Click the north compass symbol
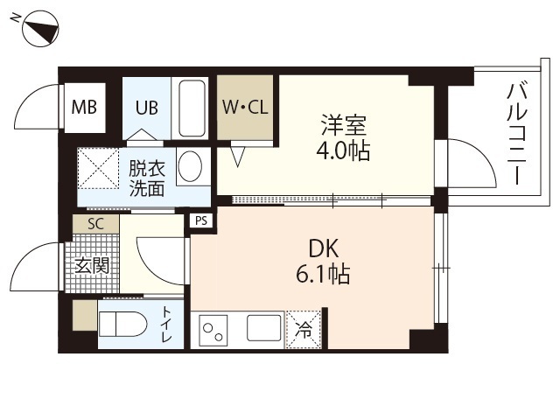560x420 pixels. pyautogui.click(x=40, y=29)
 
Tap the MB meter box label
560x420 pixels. pyautogui.click(x=84, y=107)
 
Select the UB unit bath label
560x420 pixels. pyautogui.click(x=146, y=107)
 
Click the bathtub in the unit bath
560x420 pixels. pyautogui.click(x=190, y=108)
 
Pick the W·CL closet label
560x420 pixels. pyautogui.click(x=245, y=107)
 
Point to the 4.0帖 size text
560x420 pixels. pyautogui.click(x=343, y=150)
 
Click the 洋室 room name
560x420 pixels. pyautogui.click(x=344, y=125)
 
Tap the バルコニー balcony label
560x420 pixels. pyautogui.click(x=517, y=134)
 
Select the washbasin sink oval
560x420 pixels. pyautogui.click(x=190, y=166)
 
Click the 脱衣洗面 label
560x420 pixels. pyautogui.click(x=147, y=178)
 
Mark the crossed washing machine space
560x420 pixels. pyautogui.click(x=98, y=168)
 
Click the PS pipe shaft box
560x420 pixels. pyautogui.click(x=201, y=220)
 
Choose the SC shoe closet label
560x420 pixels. pyautogui.click(x=95, y=224)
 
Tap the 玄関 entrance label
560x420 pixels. pyautogui.click(x=92, y=266)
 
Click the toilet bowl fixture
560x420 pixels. pyautogui.click(x=122, y=325)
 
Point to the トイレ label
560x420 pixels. pyautogui.click(x=166, y=324)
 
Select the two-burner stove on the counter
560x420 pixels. pyautogui.click(x=213, y=330)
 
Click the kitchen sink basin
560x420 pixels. pyautogui.click(x=263, y=328)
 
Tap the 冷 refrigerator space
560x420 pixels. pyautogui.click(x=304, y=330)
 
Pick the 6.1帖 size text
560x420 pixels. pyautogui.click(x=323, y=274)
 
